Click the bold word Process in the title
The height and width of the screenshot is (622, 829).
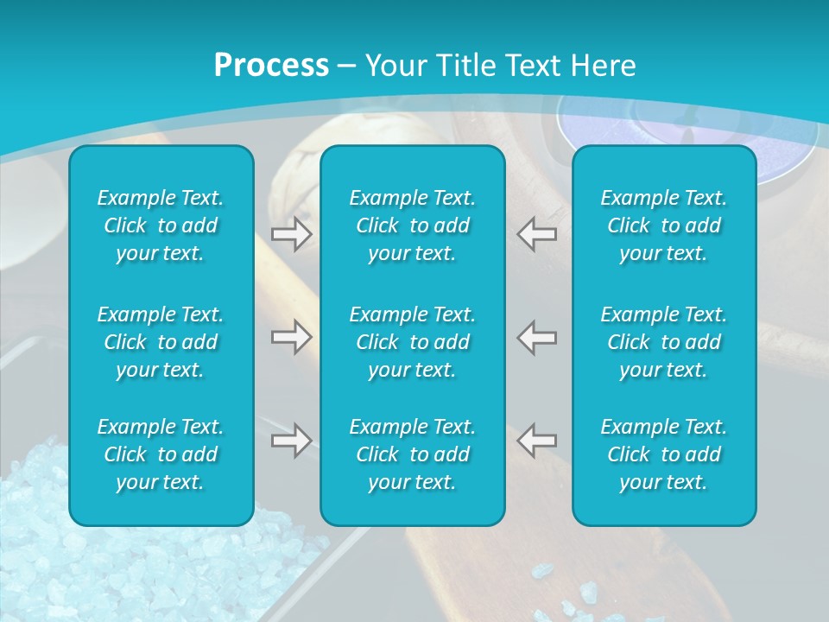[x=271, y=66]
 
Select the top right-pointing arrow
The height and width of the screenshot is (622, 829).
[x=292, y=234]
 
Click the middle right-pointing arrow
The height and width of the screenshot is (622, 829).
[x=292, y=337]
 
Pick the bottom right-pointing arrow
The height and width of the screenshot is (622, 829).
[x=292, y=440]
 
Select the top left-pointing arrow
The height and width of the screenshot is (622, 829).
[x=536, y=234]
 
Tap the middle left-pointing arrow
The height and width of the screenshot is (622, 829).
[x=536, y=337]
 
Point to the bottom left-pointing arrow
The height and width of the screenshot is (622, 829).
[x=536, y=440]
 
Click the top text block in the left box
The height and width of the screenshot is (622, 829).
[x=161, y=225]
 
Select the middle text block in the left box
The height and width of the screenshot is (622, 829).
[x=161, y=342]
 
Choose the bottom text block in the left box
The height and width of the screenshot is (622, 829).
[x=161, y=454]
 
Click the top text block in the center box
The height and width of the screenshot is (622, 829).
[x=413, y=225]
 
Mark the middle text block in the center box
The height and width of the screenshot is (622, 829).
[x=413, y=342]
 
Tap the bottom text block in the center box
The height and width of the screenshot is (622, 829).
[x=413, y=454]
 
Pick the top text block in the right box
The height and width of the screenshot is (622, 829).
[x=664, y=225]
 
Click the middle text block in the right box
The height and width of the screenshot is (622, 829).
[x=664, y=342]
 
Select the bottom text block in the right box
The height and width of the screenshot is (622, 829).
[x=664, y=454]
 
